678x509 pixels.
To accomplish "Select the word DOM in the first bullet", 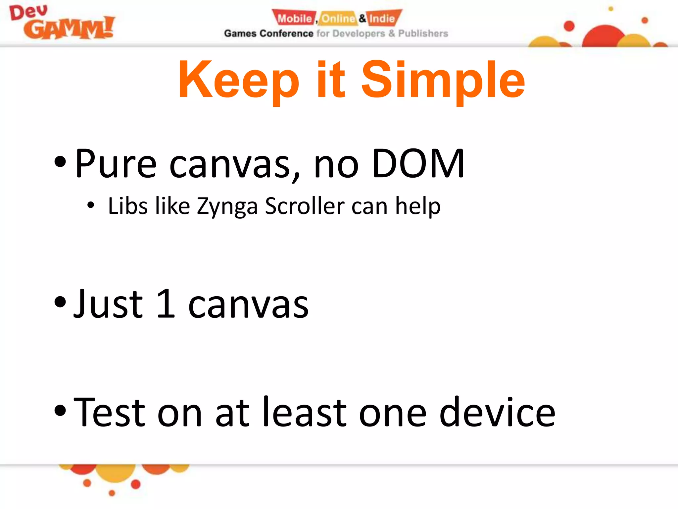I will [418, 163].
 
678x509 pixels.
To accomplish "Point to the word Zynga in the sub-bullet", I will [227, 206].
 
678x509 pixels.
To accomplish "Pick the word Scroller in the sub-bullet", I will [305, 206].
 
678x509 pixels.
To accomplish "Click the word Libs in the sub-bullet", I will [128, 206].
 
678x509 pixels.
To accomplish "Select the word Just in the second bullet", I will [108, 304].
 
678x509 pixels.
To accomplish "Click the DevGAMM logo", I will [62, 23].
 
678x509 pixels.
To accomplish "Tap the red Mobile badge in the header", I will [294, 18].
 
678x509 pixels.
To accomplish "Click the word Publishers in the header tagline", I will [423, 33].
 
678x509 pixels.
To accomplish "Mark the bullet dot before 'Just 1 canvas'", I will [60, 302].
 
